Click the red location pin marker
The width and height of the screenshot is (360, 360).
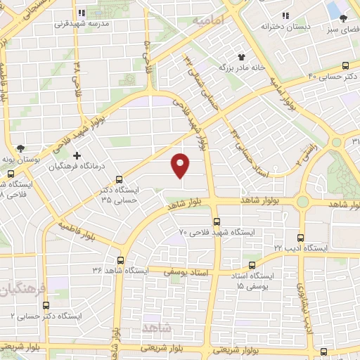point(181,165)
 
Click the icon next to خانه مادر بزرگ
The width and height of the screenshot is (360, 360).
point(242,56)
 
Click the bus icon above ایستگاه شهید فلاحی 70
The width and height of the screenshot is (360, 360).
point(217,219)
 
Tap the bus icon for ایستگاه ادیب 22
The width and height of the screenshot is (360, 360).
point(301,238)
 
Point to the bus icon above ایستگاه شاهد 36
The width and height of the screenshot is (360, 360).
point(120,259)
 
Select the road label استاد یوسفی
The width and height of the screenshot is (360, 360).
point(186,271)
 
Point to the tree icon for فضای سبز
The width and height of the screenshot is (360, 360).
point(343,19)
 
